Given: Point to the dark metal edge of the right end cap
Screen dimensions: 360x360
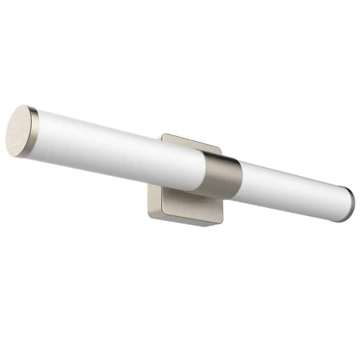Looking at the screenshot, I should click(351, 205).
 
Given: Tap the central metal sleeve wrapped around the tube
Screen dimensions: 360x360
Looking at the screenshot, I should click(222, 174).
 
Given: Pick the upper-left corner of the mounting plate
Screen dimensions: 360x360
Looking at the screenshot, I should click(163, 136).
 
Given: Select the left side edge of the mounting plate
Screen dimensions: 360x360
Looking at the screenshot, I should click(149, 201).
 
